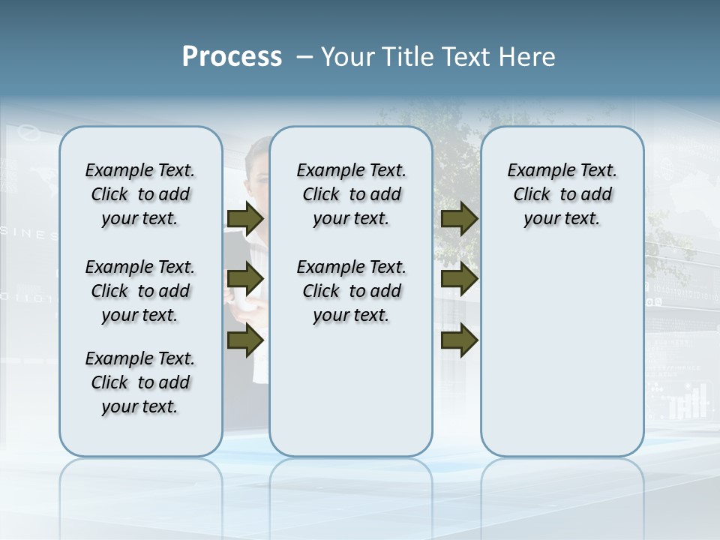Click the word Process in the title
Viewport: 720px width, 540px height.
pos(232,57)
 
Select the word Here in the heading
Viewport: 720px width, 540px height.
pos(529,57)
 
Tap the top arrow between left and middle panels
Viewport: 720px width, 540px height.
pos(245,219)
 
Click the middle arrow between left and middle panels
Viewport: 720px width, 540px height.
pos(245,280)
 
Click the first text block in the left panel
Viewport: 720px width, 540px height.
pos(140,194)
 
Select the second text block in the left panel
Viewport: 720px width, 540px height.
pos(140,291)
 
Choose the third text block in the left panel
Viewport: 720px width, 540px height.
pos(140,382)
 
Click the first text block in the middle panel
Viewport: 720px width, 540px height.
pos(351,194)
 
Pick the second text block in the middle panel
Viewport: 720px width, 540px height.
pos(351,291)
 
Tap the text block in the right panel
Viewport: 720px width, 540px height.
pos(562,194)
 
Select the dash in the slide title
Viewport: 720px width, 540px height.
pos(304,58)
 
